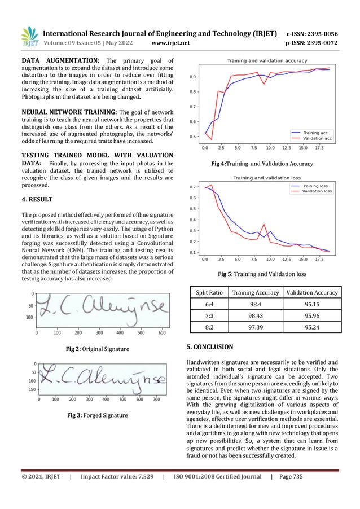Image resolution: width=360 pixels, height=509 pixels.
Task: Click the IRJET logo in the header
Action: tap(29, 37)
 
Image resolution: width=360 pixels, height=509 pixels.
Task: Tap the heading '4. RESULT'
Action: tap(37, 199)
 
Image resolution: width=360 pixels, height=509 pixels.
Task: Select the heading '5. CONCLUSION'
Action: tap(209, 346)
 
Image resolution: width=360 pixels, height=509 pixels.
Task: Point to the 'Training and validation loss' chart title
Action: tap(264, 178)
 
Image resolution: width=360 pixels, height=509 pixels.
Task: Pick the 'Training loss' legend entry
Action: tap(315, 186)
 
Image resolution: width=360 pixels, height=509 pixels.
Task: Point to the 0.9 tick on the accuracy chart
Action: tap(193, 77)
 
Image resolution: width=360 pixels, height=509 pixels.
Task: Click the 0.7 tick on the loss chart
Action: tap(193, 187)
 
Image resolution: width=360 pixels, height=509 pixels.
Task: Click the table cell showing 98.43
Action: tap(255, 315)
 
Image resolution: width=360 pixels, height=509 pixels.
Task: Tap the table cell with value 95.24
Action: tap(312, 327)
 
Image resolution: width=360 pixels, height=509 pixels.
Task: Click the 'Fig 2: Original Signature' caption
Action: tap(97, 349)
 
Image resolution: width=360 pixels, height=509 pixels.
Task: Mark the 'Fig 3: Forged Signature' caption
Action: tap(97, 415)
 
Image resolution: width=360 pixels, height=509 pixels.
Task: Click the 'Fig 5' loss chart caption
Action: tap(262, 275)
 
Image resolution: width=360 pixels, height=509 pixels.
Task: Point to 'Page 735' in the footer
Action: tap(291, 477)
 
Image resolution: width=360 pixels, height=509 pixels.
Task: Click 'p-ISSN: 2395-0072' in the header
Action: tap(311, 43)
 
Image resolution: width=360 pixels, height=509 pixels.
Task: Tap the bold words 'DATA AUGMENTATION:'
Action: tap(61, 60)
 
